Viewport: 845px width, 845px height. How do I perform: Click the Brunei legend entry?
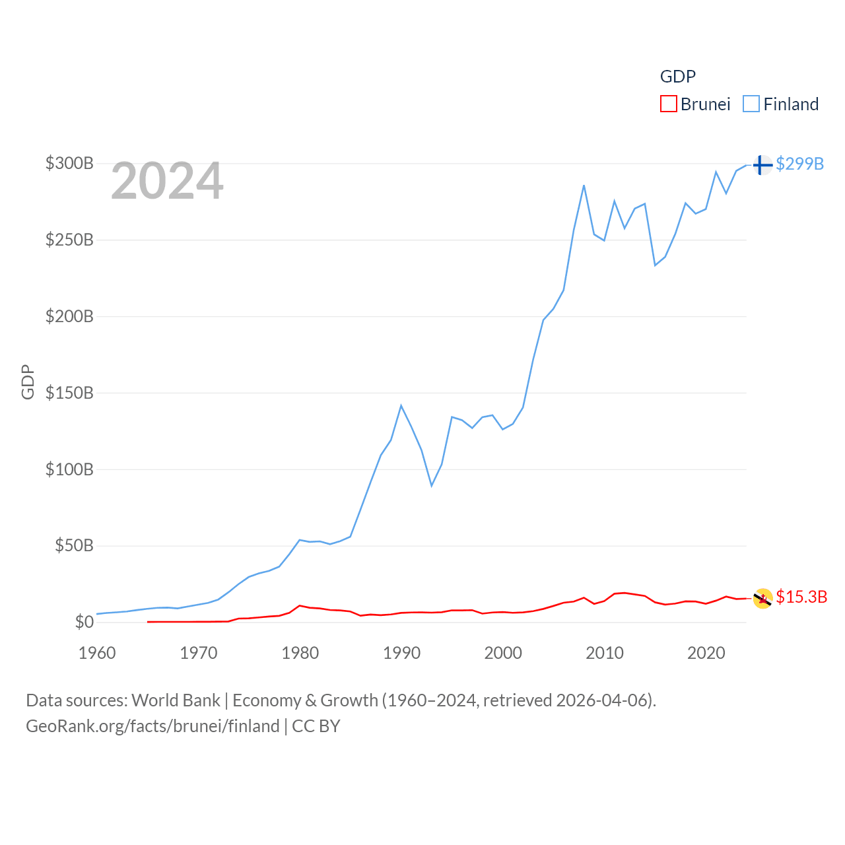coord(696,104)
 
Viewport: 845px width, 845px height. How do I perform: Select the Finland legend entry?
coord(781,104)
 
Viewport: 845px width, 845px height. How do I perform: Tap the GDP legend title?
coord(677,77)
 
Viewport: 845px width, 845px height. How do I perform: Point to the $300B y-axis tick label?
coord(69,163)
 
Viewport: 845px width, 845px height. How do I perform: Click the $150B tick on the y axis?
coord(69,393)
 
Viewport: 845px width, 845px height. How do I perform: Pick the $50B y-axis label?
coord(74,546)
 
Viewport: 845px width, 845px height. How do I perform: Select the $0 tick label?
coord(84,622)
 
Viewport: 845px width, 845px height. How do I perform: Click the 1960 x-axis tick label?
coord(97,653)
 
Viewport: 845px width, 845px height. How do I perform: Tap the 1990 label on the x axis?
coord(401,653)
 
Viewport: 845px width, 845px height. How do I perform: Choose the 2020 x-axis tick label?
coord(706,653)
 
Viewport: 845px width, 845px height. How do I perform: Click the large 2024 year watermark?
coord(167,181)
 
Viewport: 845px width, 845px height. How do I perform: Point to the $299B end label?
coord(799,164)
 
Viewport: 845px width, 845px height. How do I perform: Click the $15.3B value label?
coord(801,597)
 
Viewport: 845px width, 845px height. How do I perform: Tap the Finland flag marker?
coord(762,164)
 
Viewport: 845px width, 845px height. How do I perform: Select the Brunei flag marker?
coord(762,598)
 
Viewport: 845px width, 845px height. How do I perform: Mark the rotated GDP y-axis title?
coord(28,382)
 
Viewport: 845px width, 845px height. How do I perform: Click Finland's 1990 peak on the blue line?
coord(401,405)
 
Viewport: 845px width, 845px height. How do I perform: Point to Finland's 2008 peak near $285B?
coord(584,186)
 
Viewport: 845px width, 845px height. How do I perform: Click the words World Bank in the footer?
coord(176,700)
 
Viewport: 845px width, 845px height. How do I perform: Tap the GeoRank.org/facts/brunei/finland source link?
coord(152,726)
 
